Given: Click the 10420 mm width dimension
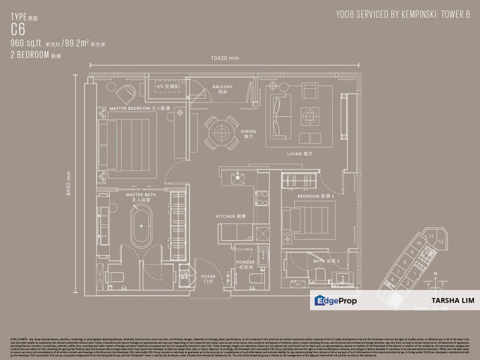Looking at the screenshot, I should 225,58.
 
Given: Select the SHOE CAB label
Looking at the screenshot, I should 184,272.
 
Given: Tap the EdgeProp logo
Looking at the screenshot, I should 335,300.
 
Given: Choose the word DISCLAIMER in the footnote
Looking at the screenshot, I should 18,339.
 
